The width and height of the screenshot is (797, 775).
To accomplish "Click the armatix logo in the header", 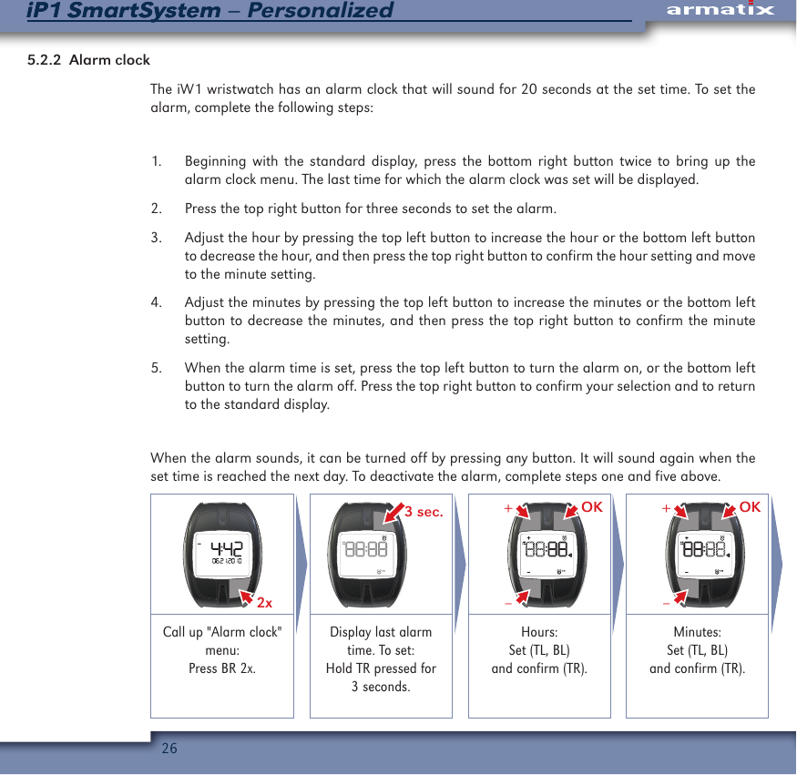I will [720, 10].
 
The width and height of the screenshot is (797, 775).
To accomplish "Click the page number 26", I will [169, 749].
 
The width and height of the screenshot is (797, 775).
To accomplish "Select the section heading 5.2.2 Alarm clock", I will [88, 60].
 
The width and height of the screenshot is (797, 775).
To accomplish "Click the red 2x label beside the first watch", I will [265, 603].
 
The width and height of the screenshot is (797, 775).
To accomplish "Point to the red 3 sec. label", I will [423, 512].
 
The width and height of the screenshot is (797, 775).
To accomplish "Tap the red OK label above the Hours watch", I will [592, 506].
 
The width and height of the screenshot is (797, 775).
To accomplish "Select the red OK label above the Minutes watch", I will [750, 506].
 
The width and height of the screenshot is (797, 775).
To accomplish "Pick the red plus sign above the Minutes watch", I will [666, 507].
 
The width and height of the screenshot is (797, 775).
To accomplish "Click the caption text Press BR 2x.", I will [222, 668].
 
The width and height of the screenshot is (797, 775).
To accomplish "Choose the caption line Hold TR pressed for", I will [381, 668].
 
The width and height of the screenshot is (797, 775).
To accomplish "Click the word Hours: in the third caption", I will [539, 632].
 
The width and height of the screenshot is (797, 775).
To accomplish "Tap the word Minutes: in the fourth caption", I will [697, 632].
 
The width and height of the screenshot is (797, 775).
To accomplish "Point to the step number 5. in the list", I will [157, 369].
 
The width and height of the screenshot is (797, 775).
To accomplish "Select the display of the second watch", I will [366, 551].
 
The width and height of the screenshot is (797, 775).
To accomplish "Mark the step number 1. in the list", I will [157, 162].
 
